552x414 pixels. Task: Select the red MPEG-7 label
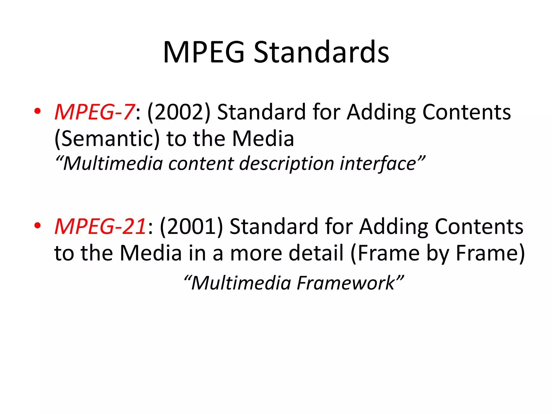click(x=94, y=112)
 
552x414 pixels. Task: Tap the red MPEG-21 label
click(x=101, y=226)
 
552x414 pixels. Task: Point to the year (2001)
click(x=191, y=226)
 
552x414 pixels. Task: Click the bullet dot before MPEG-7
click(x=37, y=111)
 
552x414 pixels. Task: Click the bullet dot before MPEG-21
click(x=37, y=225)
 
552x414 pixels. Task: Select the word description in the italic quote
click(x=287, y=164)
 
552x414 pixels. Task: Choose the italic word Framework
click(x=346, y=283)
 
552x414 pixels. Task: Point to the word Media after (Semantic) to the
click(x=263, y=139)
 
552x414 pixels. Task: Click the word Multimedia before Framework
click(x=241, y=283)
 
